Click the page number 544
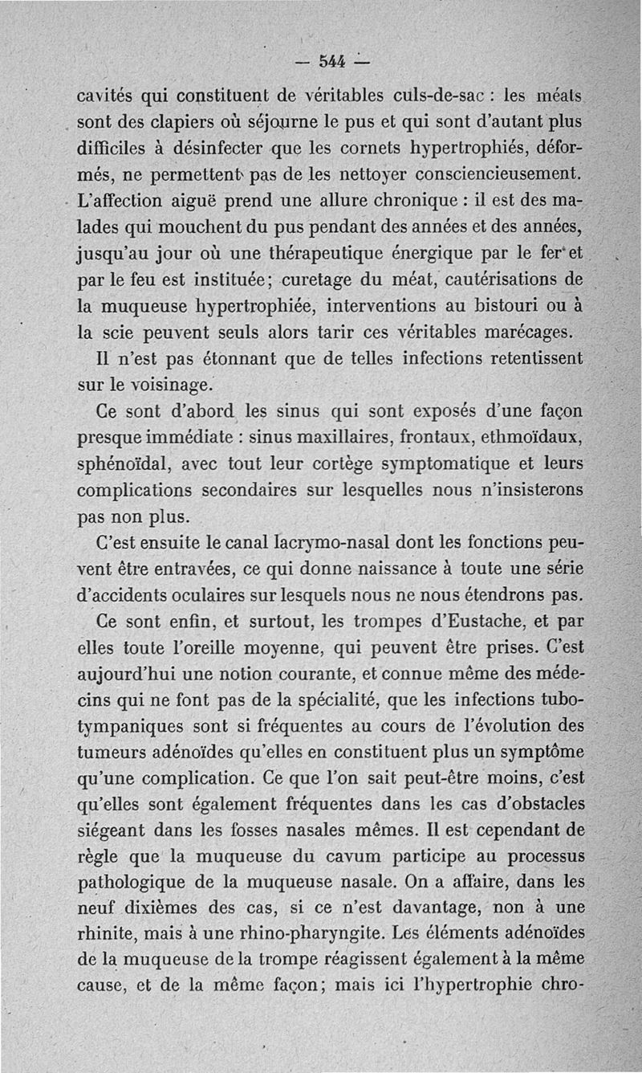[x=331, y=61]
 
